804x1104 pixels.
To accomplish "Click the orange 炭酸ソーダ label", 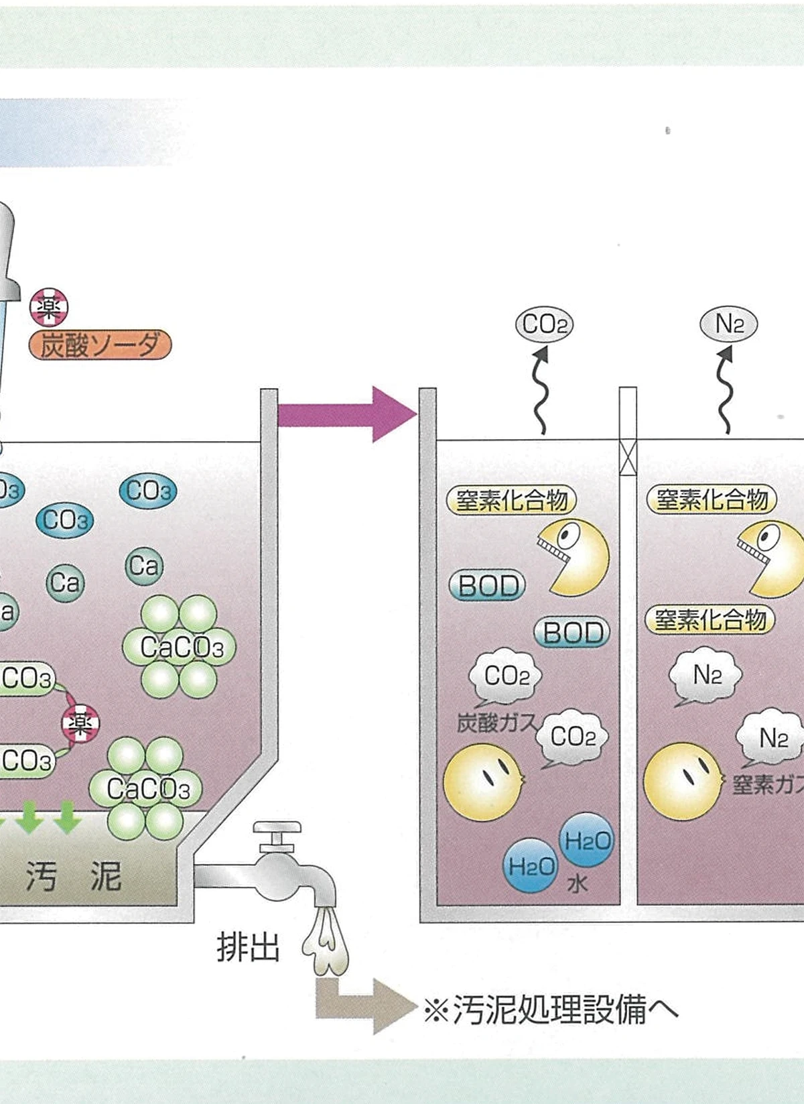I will point(100,345).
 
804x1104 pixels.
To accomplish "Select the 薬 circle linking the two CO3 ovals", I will point(81,723).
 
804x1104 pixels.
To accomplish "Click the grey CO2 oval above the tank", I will point(544,325).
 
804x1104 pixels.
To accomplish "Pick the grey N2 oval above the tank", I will point(728,324).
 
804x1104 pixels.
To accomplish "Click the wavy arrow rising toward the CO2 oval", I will point(541,392).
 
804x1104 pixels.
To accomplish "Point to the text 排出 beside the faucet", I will point(248,948).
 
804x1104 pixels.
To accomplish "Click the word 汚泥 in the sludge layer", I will point(74,876).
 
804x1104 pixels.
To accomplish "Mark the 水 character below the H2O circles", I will point(577,884).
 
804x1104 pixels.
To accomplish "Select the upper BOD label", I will point(488,587).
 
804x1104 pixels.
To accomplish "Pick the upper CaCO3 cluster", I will point(180,648).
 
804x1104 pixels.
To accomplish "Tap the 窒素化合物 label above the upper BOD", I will point(511,500).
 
